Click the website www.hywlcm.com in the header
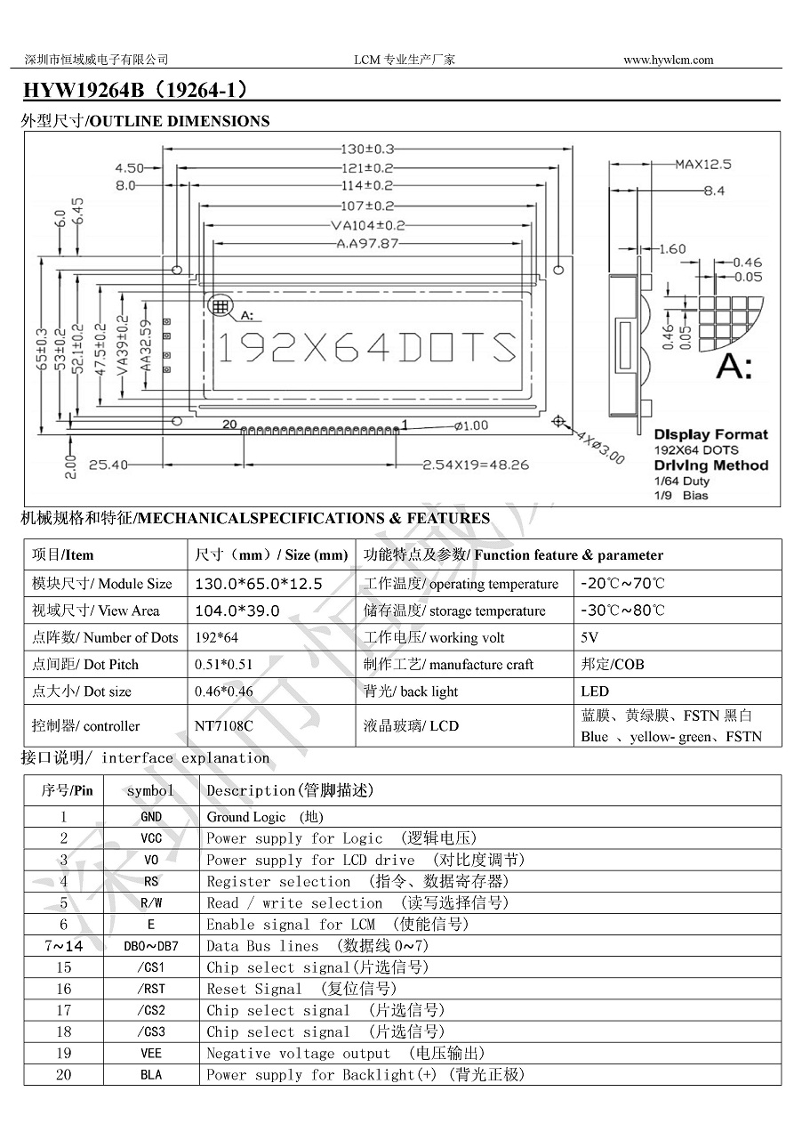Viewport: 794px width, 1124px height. click(x=668, y=61)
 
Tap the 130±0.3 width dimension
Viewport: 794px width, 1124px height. click(x=367, y=150)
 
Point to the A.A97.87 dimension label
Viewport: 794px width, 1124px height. click(x=367, y=243)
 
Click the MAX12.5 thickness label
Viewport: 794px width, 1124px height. click(x=702, y=165)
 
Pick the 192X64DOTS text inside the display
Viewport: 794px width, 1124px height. click(x=367, y=348)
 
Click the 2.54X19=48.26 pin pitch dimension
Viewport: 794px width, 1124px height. click(x=476, y=465)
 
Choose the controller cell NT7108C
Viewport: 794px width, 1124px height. click(x=224, y=725)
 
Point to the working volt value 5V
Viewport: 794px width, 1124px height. click(x=589, y=637)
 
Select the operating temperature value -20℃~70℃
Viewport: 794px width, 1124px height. click(x=622, y=584)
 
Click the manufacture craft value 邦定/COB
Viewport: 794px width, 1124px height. click(x=612, y=664)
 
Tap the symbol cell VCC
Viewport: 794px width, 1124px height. click(x=151, y=838)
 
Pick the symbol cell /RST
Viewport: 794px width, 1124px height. click(x=151, y=989)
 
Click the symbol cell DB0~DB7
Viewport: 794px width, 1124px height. click(x=151, y=946)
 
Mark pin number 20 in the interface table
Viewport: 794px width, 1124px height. click(x=63, y=1074)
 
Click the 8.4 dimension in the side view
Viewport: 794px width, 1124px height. click(x=714, y=190)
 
